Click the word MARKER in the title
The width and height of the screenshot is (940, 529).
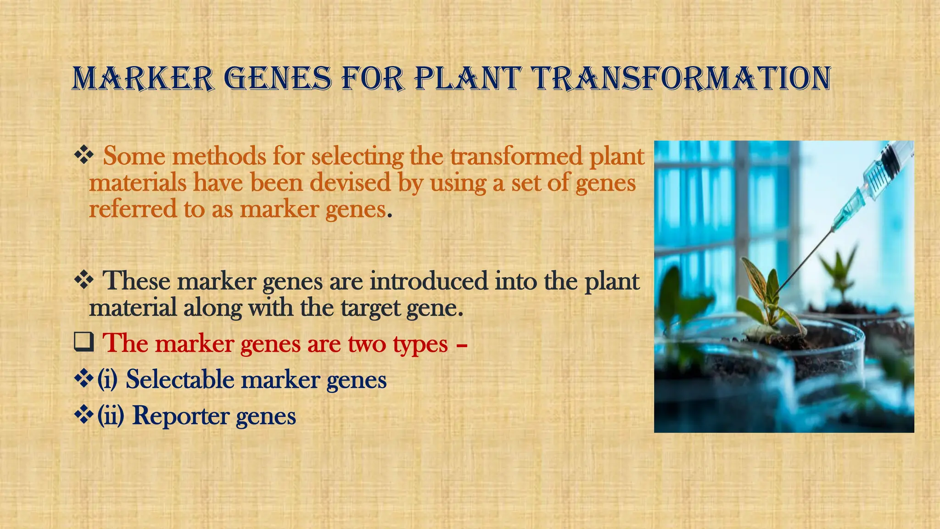(x=143, y=79)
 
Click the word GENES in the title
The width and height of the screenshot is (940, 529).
(x=278, y=79)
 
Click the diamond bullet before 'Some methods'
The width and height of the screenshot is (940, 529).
(x=84, y=155)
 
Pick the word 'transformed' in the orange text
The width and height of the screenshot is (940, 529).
(x=516, y=156)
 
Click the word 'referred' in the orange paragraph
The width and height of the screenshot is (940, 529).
(x=133, y=209)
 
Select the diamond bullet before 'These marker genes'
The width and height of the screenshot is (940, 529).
(x=84, y=280)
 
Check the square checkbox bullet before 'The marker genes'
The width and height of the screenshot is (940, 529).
(x=84, y=342)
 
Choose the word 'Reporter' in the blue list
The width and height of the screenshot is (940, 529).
(x=181, y=416)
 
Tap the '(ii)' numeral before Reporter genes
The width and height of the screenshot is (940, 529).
(x=111, y=416)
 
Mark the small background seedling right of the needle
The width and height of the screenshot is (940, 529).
(x=840, y=271)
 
